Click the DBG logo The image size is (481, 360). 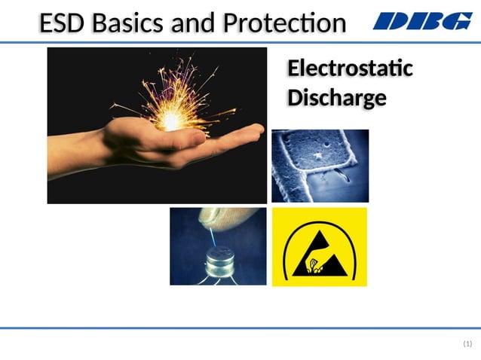coord(422,22)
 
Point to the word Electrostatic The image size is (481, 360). coord(350,69)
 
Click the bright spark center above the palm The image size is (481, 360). coord(173,117)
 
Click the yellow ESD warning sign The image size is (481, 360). coord(319,247)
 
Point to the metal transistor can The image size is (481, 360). coord(219,261)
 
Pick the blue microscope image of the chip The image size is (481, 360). coord(320,166)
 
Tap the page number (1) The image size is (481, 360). coord(467,344)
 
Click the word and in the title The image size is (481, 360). coord(190,23)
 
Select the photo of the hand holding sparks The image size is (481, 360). coord(157,125)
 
